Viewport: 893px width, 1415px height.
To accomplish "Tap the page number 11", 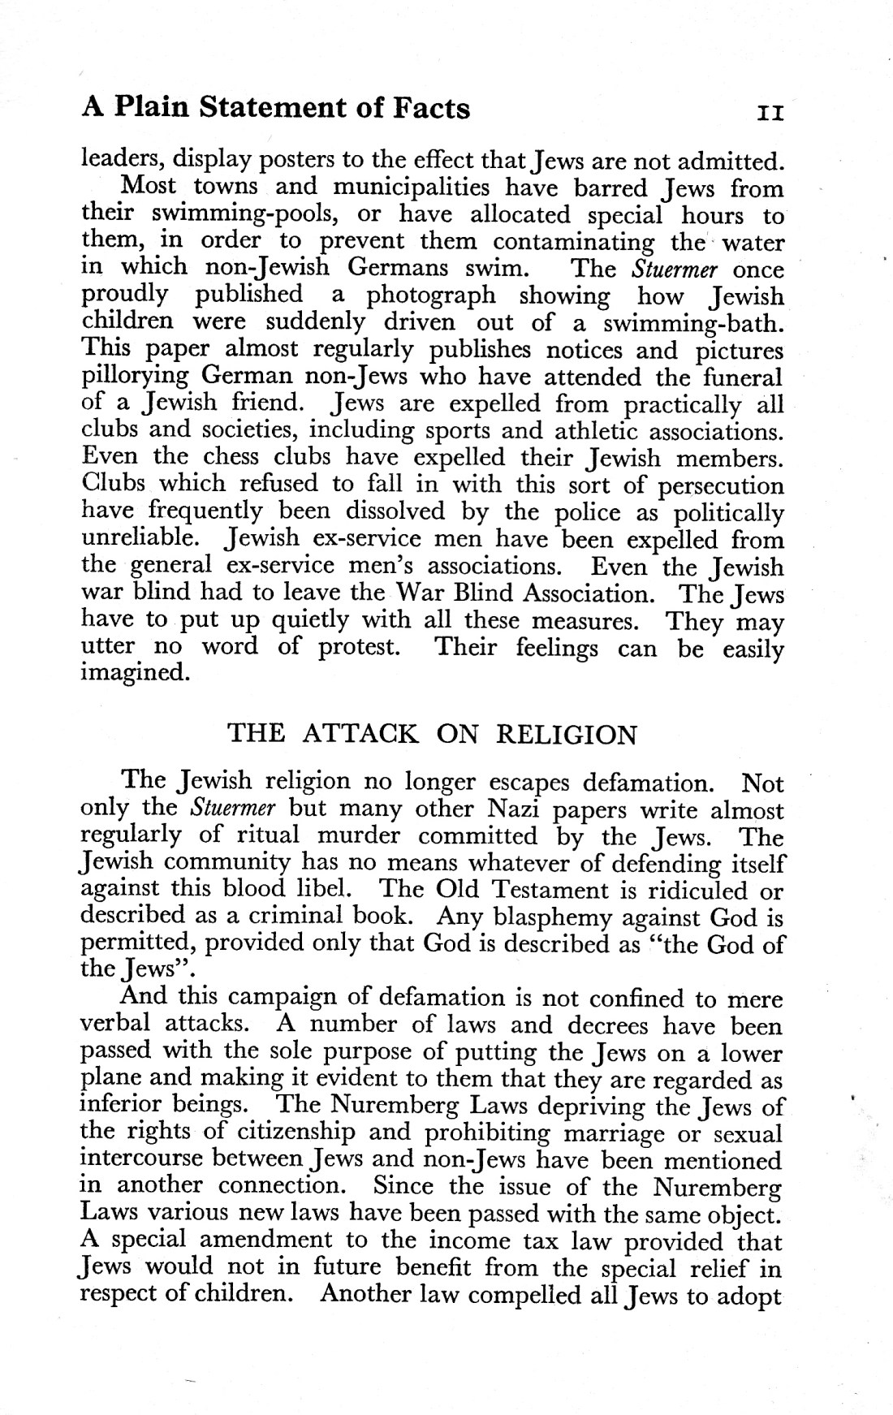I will point(769,112).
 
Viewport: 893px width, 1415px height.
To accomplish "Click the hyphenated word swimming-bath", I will point(694,323).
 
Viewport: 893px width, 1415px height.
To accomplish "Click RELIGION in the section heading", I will point(566,735).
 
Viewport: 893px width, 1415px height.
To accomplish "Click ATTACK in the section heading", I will point(361,735).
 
